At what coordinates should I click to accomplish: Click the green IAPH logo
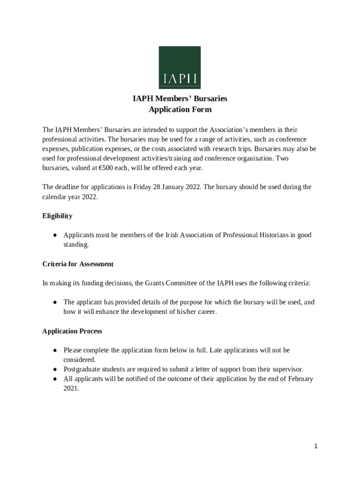click(180, 67)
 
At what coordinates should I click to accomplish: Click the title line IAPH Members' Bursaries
click(180, 99)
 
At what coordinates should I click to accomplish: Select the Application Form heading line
click(180, 109)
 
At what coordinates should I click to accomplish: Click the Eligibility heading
click(57, 216)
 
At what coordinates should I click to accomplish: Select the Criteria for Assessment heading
click(78, 264)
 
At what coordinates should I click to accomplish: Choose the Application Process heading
click(72, 331)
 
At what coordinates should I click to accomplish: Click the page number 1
click(316, 446)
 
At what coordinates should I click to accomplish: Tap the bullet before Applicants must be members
click(55, 235)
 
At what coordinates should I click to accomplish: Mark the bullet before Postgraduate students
click(55, 369)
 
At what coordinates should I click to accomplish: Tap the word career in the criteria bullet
click(204, 312)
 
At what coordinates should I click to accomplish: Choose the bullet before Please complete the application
click(55, 350)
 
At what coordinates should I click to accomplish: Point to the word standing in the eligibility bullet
click(76, 244)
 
